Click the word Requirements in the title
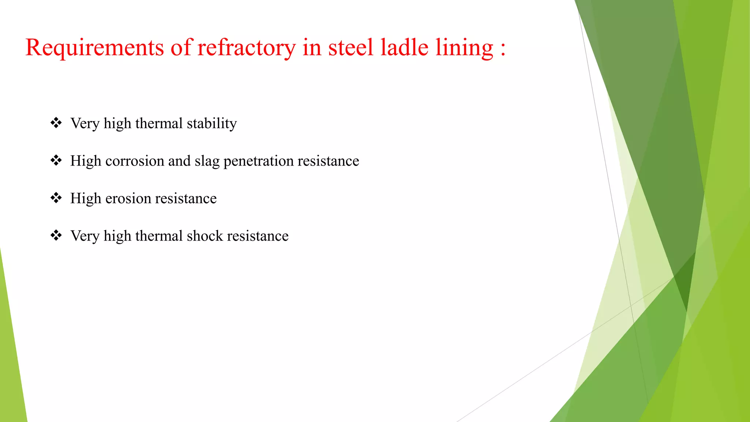(x=94, y=48)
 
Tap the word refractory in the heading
(x=246, y=48)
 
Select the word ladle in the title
(x=404, y=48)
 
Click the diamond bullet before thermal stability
(x=56, y=123)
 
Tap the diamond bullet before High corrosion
(x=56, y=160)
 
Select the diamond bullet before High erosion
(x=56, y=198)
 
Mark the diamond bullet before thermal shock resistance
(x=56, y=235)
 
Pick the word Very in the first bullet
(x=85, y=123)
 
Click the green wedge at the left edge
(x=11, y=359)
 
